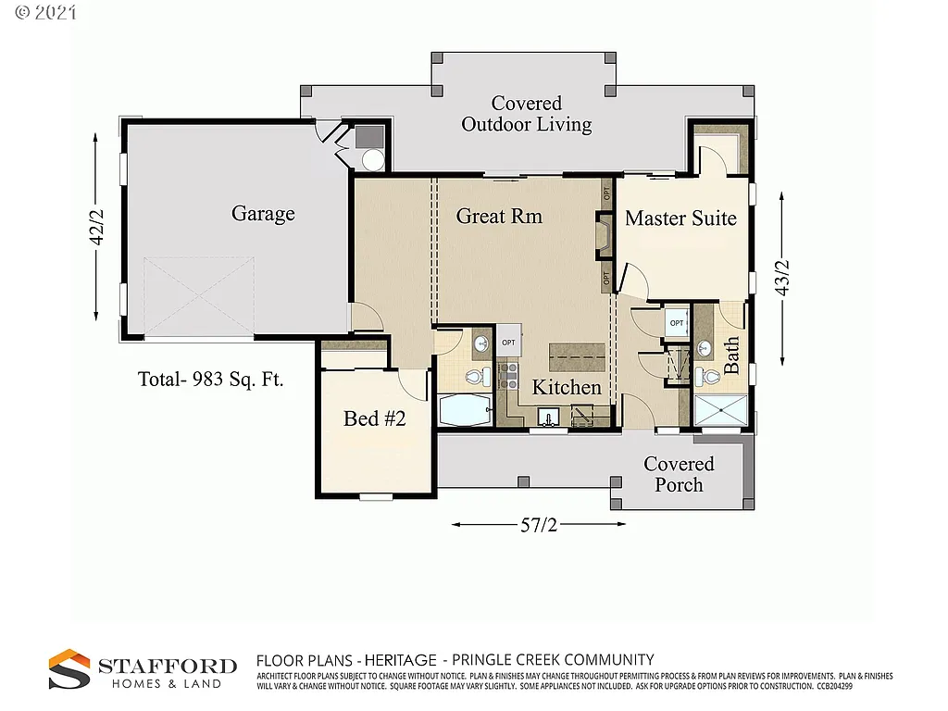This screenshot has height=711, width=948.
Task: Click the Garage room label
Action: (x=263, y=214)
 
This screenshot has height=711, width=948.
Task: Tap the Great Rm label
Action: (x=499, y=216)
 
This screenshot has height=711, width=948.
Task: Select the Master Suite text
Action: (x=680, y=218)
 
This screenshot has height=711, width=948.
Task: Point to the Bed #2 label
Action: (x=375, y=418)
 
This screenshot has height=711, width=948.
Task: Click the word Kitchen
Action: (x=567, y=387)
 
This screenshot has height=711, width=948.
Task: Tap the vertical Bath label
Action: (x=731, y=355)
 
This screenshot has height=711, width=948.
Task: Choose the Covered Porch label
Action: (x=679, y=474)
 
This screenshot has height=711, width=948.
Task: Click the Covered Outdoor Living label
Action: (x=527, y=114)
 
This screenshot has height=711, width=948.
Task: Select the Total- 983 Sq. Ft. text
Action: (x=210, y=379)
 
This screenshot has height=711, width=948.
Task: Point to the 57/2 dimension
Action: (x=538, y=525)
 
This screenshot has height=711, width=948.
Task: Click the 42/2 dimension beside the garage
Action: (x=96, y=227)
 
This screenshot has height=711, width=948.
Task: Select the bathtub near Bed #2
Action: (x=468, y=411)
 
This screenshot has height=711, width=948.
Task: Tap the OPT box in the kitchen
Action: (x=508, y=342)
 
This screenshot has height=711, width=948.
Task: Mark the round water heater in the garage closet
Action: (x=373, y=160)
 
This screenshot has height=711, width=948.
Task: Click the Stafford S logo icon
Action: (x=69, y=669)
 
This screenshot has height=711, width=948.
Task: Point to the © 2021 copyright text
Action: (x=42, y=13)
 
